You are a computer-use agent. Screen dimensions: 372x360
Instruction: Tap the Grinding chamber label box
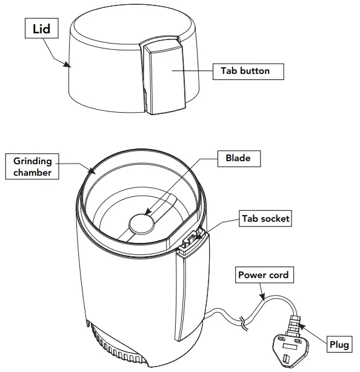tap(33, 166)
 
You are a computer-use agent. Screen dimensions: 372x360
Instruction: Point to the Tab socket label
tap(266, 219)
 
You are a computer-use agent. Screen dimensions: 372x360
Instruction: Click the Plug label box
tap(339, 345)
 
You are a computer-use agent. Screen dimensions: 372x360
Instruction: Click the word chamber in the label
tap(33, 172)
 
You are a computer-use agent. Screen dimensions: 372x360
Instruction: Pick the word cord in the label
tap(278, 275)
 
